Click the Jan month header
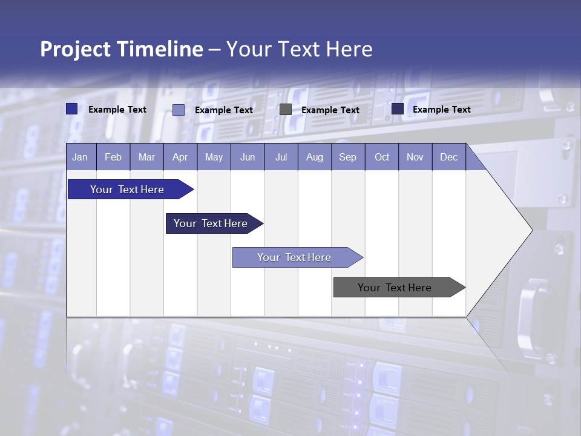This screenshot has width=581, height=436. [x=80, y=157]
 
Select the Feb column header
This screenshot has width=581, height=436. [x=113, y=157]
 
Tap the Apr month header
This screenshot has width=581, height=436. [x=180, y=157]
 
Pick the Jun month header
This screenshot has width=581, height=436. [x=248, y=157]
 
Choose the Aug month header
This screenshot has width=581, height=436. [x=314, y=157]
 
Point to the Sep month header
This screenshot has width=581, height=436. [x=347, y=157]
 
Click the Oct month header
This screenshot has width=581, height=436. [x=382, y=157]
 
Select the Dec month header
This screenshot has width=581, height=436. [x=448, y=157]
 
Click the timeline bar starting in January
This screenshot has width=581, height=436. [x=128, y=190]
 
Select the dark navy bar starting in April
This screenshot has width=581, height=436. [x=211, y=223]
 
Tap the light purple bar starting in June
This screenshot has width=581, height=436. [x=294, y=257]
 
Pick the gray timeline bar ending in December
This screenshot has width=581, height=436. [x=395, y=288]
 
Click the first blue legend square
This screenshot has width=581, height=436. [x=71, y=109]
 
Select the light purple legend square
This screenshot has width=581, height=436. [x=179, y=110]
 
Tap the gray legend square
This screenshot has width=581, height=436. [x=286, y=110]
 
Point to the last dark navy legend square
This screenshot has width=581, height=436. [x=398, y=109]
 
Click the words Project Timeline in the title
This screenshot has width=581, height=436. [x=121, y=49]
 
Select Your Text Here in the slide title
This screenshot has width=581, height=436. [x=299, y=49]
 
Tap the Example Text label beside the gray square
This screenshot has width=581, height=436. [x=330, y=110]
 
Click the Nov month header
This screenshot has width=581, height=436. [x=415, y=157]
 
